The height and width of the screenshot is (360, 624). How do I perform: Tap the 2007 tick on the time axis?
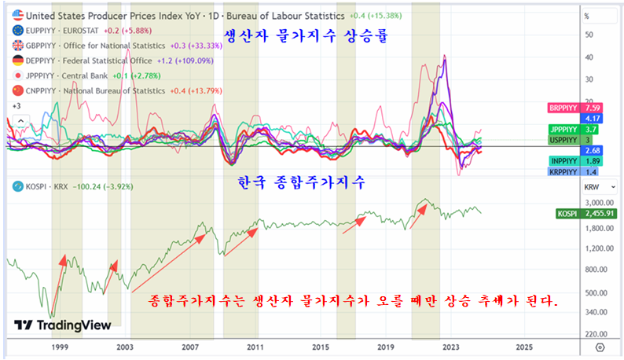point(189,346)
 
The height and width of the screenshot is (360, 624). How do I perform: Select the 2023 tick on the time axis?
point(451,346)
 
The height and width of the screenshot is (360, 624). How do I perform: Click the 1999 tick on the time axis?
point(59,346)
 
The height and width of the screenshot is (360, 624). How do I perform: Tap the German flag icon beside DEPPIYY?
point(17,60)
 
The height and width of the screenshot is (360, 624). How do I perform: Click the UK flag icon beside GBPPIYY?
point(17,45)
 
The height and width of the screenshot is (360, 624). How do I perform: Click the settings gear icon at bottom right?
point(600,346)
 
